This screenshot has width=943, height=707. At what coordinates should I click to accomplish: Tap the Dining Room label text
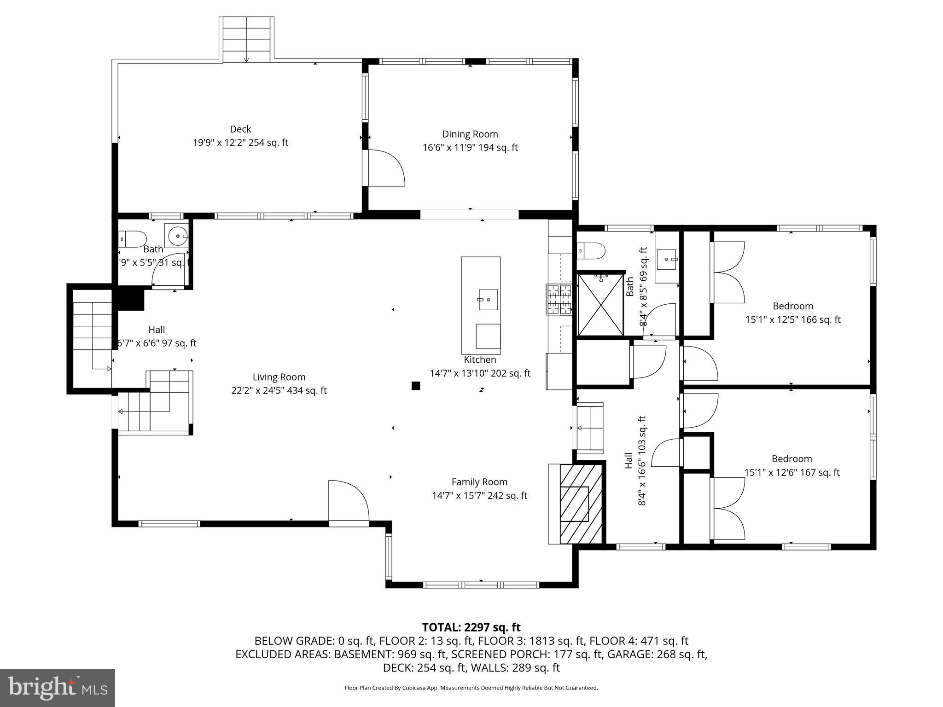470,134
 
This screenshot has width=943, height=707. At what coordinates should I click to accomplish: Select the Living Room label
279,377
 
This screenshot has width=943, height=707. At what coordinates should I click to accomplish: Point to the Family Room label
479,482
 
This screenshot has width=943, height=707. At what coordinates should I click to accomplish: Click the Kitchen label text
480,359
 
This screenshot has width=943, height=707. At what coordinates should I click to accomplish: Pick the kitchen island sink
488,300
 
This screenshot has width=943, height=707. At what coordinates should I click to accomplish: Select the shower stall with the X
600,305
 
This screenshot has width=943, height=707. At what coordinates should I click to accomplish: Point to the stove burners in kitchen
559,300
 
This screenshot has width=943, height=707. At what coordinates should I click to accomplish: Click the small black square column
416,386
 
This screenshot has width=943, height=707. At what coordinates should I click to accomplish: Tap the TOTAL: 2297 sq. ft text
471,627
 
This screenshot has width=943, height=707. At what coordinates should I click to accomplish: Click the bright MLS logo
58,688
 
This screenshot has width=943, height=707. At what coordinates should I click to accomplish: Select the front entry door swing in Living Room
349,501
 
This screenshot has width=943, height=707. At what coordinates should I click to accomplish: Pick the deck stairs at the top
246,40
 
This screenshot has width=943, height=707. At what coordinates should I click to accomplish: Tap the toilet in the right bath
591,251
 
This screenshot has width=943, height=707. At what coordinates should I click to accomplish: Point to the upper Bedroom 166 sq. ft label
793,313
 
